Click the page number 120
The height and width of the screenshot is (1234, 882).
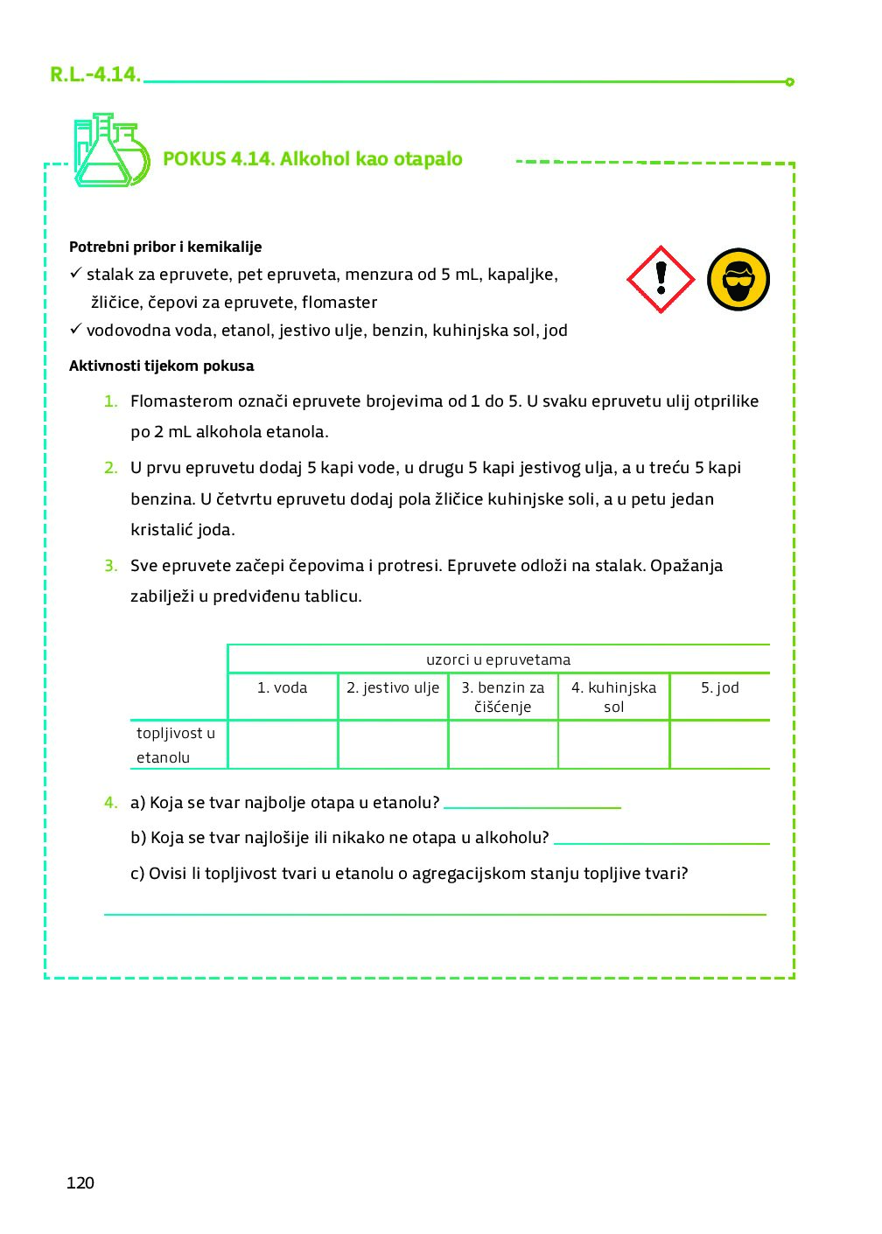tap(80, 1182)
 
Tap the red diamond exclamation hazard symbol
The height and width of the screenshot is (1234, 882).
tap(661, 279)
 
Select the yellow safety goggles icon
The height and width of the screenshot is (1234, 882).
tap(738, 280)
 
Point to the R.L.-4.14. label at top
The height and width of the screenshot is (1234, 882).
tap(95, 74)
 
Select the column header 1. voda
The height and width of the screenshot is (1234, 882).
tap(282, 688)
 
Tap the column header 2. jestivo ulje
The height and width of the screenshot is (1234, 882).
tap(393, 688)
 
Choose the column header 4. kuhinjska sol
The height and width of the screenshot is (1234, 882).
tap(613, 697)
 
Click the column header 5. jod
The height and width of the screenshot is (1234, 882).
tap(719, 688)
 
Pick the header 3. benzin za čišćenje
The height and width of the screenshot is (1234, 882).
tap(503, 697)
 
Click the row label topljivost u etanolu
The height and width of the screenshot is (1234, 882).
tap(175, 745)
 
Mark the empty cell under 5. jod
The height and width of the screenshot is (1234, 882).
tap(719, 745)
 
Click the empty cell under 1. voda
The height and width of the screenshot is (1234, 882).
tap(283, 745)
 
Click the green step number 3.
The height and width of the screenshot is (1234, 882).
tap(111, 566)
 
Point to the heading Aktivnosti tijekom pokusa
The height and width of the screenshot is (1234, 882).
tap(162, 366)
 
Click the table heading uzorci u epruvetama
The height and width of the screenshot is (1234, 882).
tap(498, 659)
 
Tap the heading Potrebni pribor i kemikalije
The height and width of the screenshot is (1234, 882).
tap(165, 247)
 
